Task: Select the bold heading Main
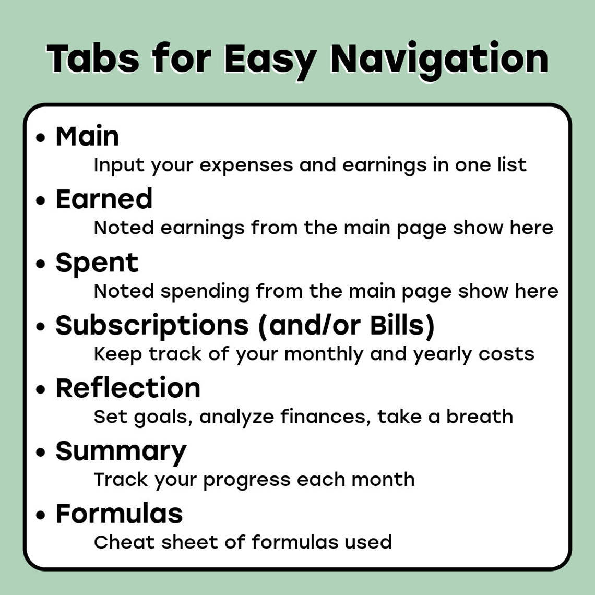(x=87, y=136)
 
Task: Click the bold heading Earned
(x=104, y=199)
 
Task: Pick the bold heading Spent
(x=97, y=263)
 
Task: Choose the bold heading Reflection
(x=128, y=388)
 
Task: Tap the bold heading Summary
(x=121, y=451)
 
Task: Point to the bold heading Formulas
(x=119, y=514)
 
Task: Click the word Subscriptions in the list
(x=152, y=326)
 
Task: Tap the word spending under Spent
(x=205, y=292)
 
